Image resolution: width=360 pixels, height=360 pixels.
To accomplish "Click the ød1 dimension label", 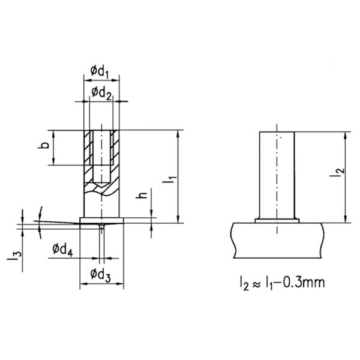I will (x=100, y=72).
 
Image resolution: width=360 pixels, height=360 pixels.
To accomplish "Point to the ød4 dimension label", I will (x=63, y=249).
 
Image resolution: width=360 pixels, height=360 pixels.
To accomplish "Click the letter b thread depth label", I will (x=46, y=147).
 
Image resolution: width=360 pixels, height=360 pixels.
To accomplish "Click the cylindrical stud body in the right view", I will (x=277, y=174).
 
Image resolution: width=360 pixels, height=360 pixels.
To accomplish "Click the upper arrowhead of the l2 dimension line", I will (x=346, y=134).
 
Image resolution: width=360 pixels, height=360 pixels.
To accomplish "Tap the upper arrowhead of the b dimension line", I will (x=55, y=134).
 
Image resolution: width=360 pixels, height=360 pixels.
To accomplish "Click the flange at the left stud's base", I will (x=102, y=220).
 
